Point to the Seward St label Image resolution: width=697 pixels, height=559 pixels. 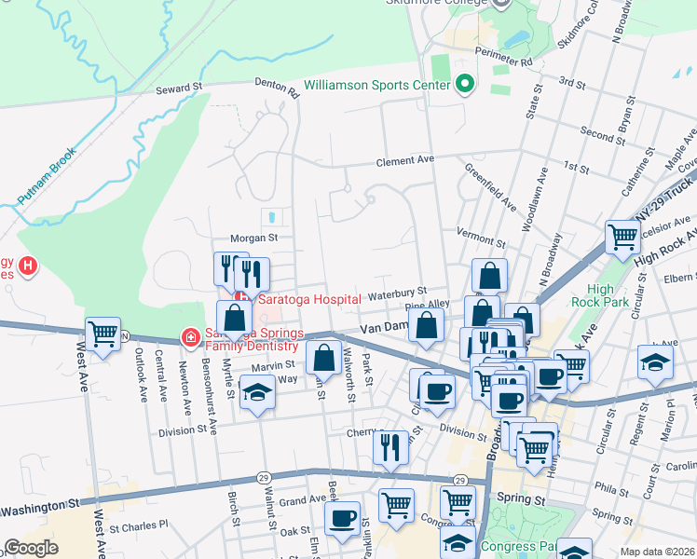pyautogui.click(x=179, y=88)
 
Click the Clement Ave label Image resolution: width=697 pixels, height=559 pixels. pyautogui.click(x=405, y=160)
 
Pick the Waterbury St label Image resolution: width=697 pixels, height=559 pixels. pyautogui.click(x=396, y=293)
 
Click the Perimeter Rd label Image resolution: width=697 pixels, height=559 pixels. pyautogui.click(x=501, y=55)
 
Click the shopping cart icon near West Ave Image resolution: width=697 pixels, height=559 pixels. pyautogui.click(x=103, y=334)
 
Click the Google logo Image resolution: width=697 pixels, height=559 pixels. pyautogui.click(x=31, y=548)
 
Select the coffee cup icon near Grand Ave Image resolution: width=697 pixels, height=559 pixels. pyautogui.click(x=343, y=517)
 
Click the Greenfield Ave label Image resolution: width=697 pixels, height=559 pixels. pyautogui.click(x=490, y=187)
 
